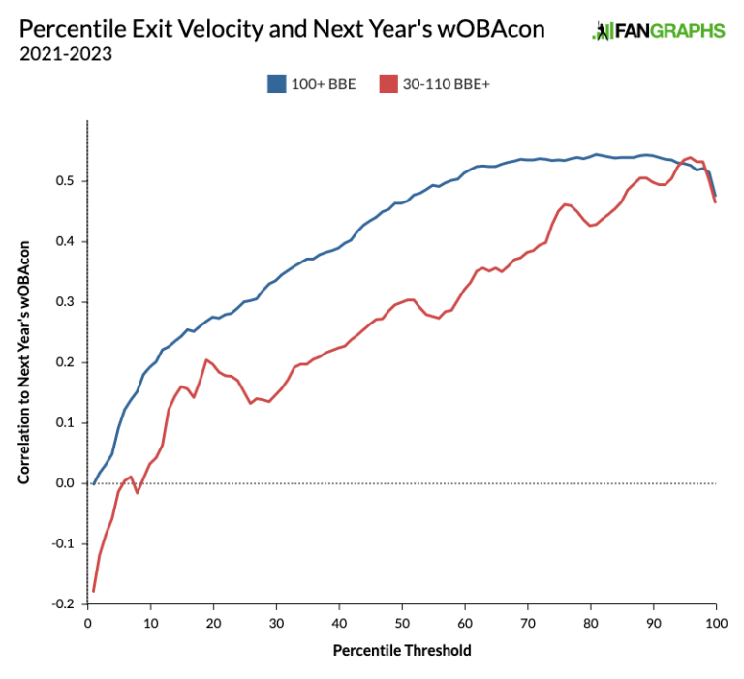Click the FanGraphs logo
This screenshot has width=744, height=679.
coord(658,31)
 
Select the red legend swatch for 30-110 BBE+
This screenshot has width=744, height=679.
coord(388,84)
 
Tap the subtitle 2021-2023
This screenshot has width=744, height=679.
coord(65,54)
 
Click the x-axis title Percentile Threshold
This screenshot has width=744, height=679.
coord(402,651)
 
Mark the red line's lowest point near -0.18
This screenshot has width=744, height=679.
coord(94,591)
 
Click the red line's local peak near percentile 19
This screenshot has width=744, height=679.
coord(206,359)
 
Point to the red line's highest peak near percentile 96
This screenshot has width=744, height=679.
coord(691,157)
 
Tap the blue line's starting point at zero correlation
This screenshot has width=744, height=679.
coord(94,482)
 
